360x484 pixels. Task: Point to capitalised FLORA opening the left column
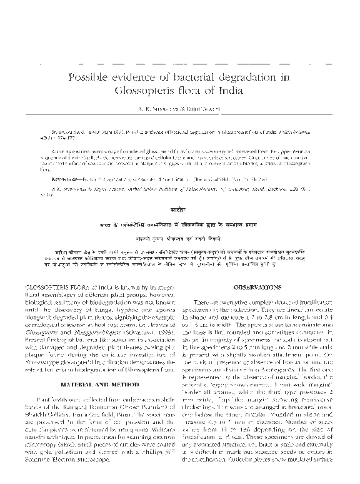pos(79,287)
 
